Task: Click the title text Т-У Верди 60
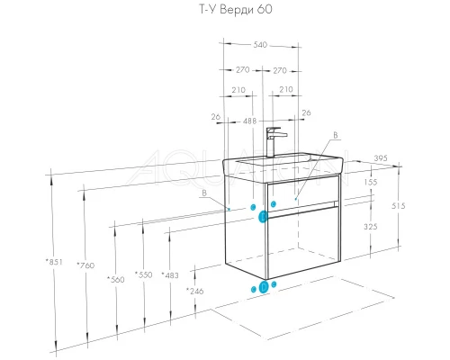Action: coord(236,9)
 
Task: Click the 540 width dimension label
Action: coord(260,45)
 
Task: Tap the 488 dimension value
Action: coord(249,121)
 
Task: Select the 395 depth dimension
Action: coord(381,158)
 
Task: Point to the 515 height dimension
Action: coord(399,206)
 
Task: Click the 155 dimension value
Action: coord(371,182)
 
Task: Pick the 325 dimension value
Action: coord(371,227)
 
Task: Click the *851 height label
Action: coord(54,262)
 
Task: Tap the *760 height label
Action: coord(85,265)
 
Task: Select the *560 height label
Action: coord(116,280)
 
